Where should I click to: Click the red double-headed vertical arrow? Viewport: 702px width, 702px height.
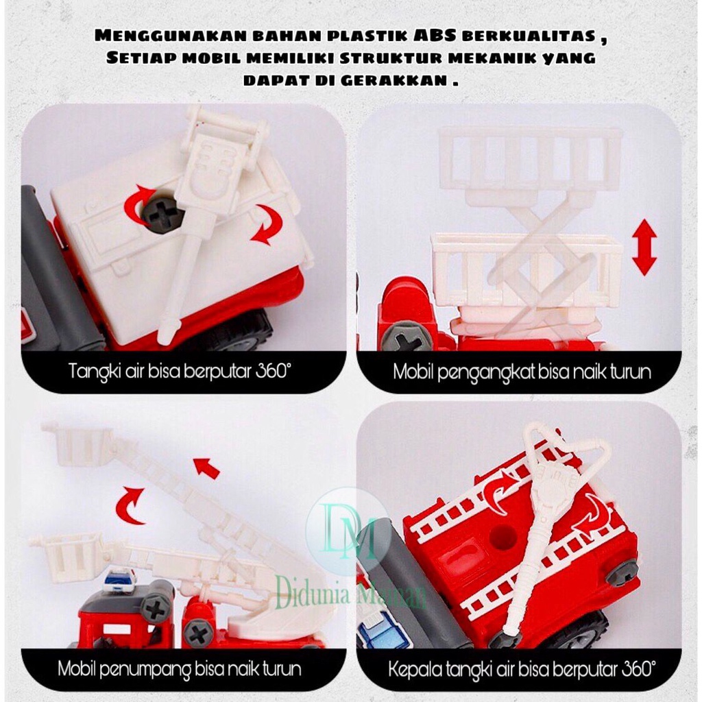pyautogui.click(x=644, y=247)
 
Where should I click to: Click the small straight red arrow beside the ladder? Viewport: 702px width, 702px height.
pyautogui.click(x=206, y=468)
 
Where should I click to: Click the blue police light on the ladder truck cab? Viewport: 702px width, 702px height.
pyautogui.click(x=120, y=580)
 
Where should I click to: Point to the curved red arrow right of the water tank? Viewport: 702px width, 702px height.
pyautogui.click(x=267, y=224)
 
